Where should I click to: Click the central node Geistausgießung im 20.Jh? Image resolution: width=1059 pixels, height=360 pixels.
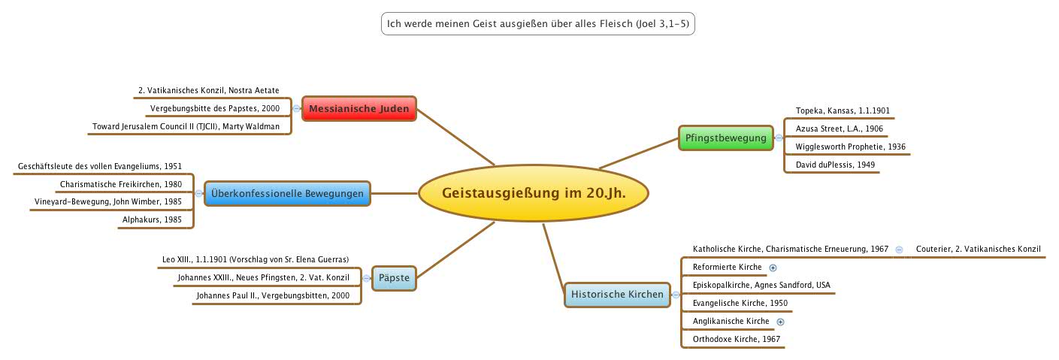pos(533,194)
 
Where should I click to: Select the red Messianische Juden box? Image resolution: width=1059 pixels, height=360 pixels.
pos(359,109)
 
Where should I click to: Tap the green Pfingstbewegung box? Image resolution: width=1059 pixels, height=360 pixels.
pos(725,138)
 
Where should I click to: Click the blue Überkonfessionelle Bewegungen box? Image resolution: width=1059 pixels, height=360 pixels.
pos(287,194)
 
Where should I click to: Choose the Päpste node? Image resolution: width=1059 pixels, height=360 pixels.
pos(395,278)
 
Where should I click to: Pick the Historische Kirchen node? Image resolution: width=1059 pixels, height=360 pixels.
pos(617,294)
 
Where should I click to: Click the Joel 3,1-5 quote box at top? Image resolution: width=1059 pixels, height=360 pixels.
pos(537,24)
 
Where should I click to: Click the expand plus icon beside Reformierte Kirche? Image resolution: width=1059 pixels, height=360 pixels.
pos(773,268)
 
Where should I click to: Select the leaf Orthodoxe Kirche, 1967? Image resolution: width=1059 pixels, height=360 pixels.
pos(736,339)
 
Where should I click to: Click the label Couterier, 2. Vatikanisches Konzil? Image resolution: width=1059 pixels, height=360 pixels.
pos(978,249)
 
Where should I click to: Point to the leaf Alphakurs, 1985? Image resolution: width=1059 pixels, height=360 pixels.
pos(152,220)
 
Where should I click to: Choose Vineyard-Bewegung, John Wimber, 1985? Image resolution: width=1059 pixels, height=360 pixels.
pos(108,202)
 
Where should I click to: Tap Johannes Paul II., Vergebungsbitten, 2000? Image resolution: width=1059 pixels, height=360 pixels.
pos(273,296)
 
